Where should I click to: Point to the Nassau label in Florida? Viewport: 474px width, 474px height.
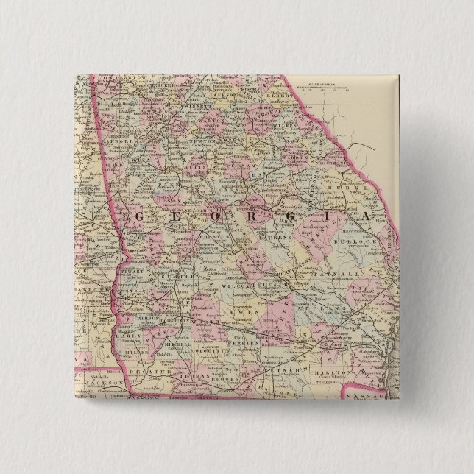tap(368, 396)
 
